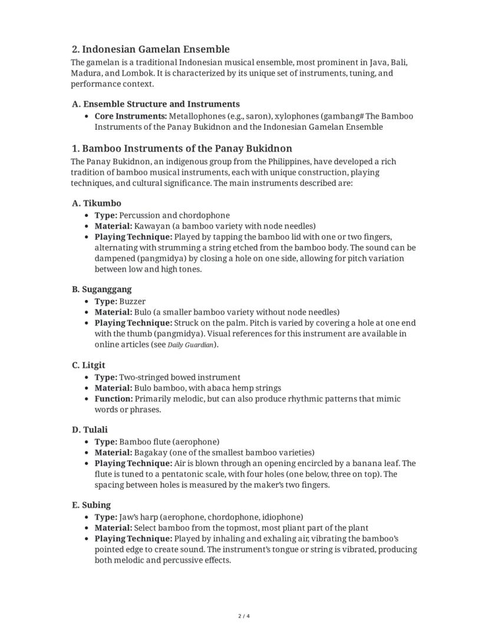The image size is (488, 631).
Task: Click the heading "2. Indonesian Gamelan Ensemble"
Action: coord(150,49)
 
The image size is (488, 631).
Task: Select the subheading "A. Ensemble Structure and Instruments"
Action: coord(156,104)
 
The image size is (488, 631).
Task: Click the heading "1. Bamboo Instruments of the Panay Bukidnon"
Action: coord(182,148)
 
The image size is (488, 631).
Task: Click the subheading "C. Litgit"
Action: coord(88,365)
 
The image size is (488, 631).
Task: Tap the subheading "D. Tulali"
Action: coord(90,430)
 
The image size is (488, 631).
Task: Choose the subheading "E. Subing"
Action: coord(91,505)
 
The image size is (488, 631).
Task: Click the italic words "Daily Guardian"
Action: coord(190,345)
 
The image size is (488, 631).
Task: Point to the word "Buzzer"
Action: coord(132,301)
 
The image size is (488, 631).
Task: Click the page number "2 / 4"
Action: coord(244,616)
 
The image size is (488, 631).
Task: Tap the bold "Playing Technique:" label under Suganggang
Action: coord(133,323)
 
